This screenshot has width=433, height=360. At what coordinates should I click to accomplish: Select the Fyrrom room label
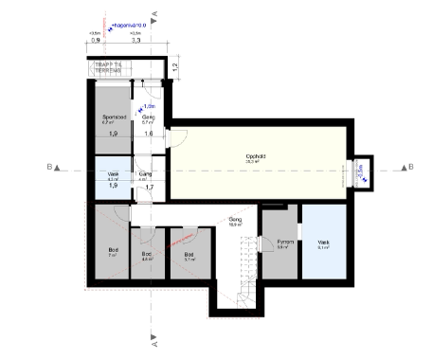pos(281,243)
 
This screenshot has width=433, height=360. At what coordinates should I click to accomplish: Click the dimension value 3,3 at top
pos(135,42)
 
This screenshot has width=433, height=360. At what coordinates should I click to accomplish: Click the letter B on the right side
pos(411,167)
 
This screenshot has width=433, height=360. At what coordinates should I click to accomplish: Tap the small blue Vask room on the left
pos(112,177)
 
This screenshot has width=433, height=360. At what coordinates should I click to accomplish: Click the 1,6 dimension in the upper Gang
pos(149,135)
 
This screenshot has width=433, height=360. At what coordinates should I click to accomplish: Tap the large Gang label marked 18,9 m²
pos(235,220)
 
